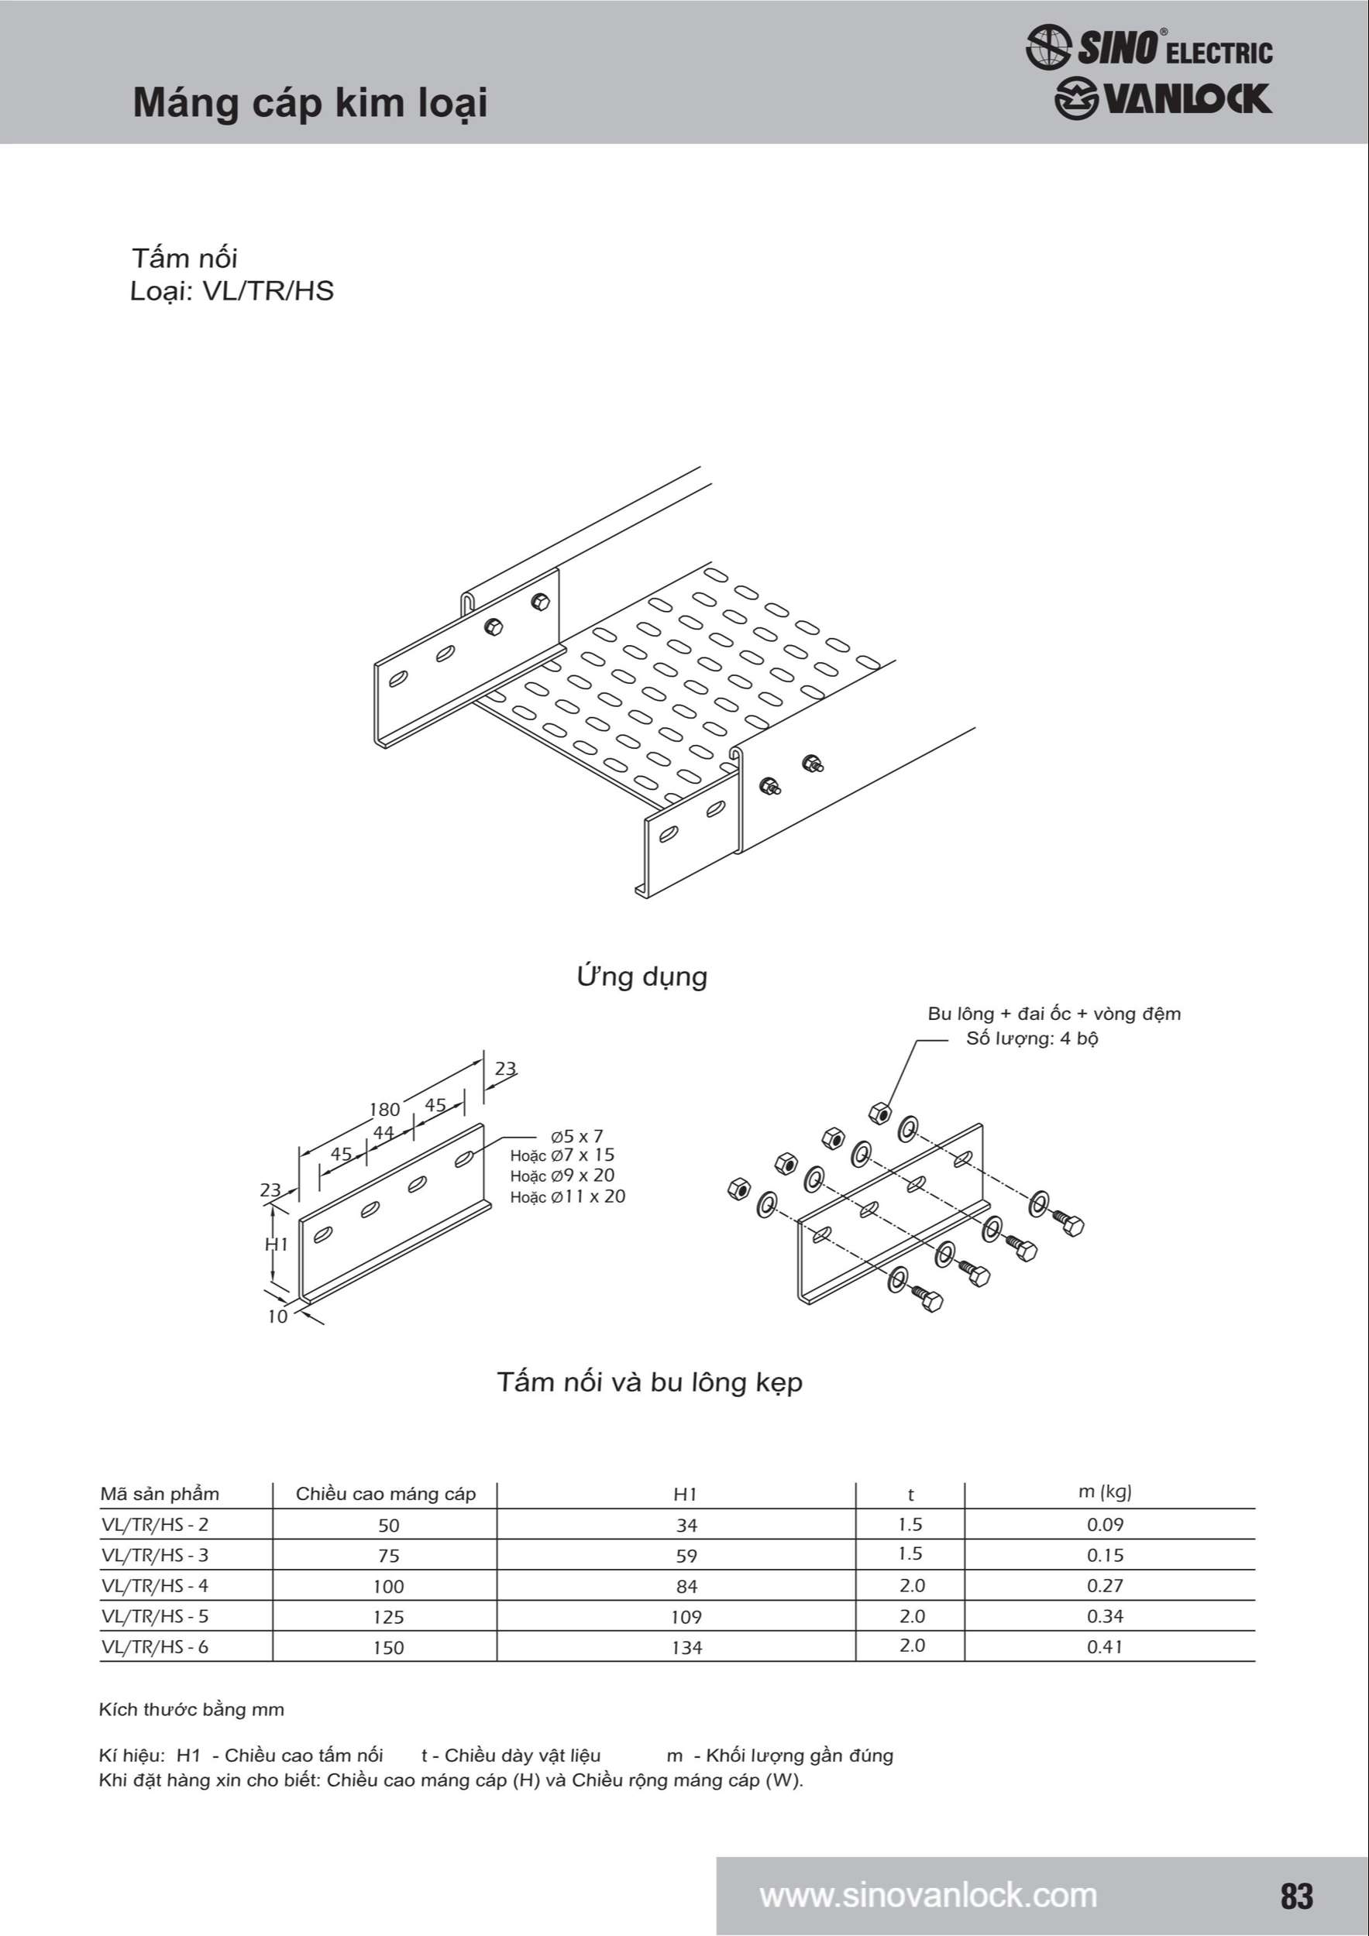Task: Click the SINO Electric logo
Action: [x=1149, y=46]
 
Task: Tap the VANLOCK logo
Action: [x=1162, y=98]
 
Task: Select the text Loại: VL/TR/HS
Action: [x=232, y=291]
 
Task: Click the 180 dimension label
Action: [x=384, y=1109]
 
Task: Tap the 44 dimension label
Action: [x=384, y=1132]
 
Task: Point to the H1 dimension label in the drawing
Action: [x=277, y=1244]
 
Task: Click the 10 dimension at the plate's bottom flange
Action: [x=277, y=1316]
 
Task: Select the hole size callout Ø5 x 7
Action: [x=577, y=1136]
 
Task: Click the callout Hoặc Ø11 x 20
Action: [x=568, y=1196]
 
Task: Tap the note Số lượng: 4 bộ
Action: [x=1032, y=1038]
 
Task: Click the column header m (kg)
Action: [x=1104, y=1491]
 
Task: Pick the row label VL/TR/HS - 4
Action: [x=155, y=1586]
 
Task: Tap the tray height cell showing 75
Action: [x=389, y=1556]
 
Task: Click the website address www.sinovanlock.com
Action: [x=928, y=1896]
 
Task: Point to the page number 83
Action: [x=1296, y=1897]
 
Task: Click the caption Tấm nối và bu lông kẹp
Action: [x=649, y=1382]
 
